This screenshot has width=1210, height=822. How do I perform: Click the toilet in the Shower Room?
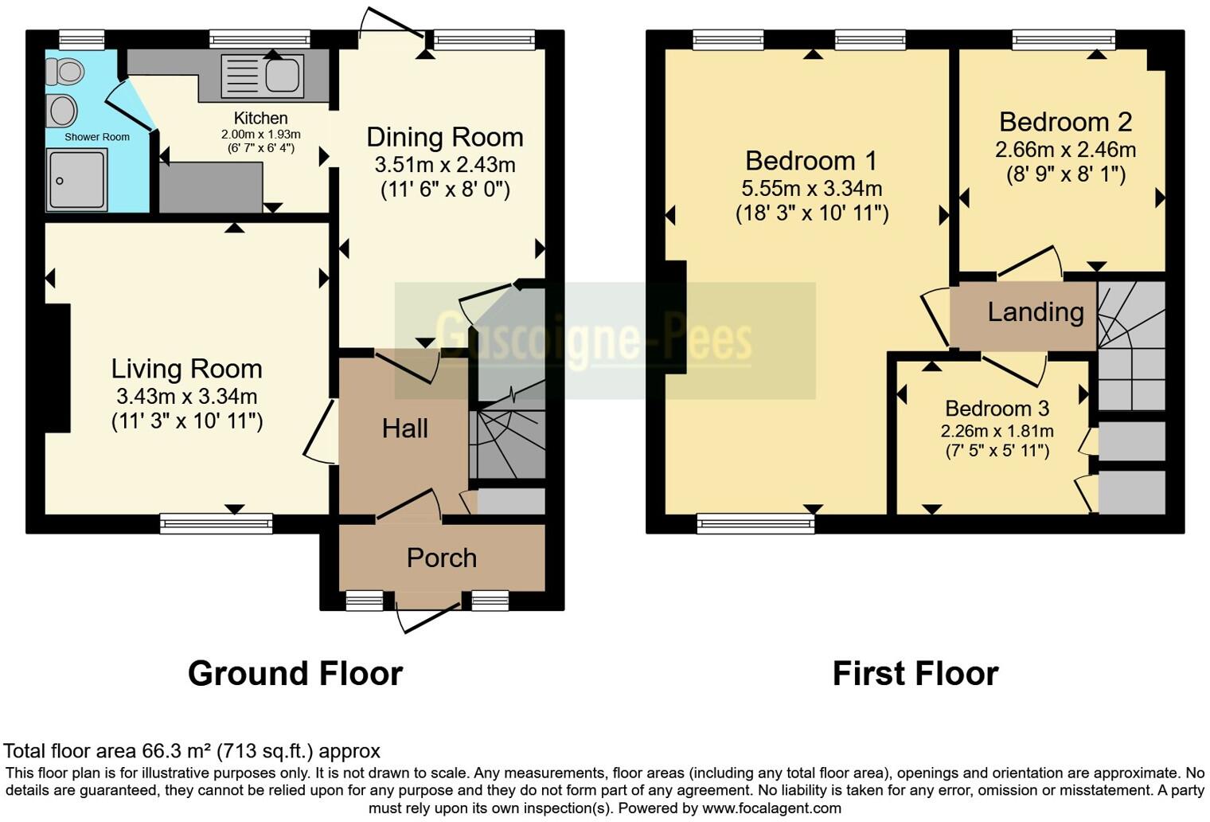point(65,72)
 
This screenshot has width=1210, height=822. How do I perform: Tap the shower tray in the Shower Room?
point(76,180)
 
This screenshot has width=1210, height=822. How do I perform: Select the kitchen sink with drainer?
point(262,75)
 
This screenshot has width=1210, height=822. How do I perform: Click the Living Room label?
point(186,369)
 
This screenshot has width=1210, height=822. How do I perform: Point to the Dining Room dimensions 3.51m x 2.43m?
point(445,165)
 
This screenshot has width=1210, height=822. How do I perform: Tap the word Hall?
point(404,429)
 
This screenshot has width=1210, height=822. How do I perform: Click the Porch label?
point(441,558)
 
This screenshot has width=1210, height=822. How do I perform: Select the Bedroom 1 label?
point(810,161)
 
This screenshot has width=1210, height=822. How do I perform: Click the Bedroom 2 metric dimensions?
point(1065,150)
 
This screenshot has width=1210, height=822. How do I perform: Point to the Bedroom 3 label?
point(997,409)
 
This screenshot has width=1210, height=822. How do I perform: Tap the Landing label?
point(1035,311)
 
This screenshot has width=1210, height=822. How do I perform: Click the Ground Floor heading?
point(295,674)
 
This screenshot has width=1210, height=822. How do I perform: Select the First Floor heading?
point(915,674)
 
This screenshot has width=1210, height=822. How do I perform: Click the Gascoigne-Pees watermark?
point(593,340)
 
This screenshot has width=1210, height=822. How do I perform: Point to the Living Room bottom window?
point(216,523)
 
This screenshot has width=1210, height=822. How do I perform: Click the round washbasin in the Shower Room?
point(63,111)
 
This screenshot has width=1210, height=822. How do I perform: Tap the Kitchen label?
point(260,118)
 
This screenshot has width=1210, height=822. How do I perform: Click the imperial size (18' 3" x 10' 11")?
point(811,213)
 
